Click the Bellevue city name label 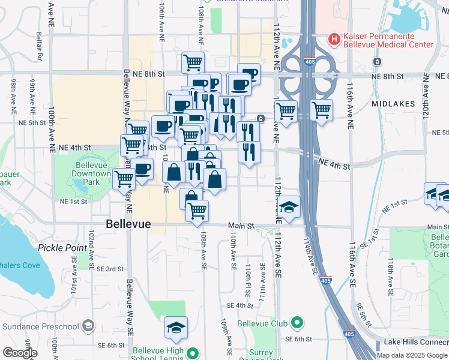point(128,224)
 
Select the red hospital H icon point(334,39)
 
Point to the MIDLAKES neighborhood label point(393,104)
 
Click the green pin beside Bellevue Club point(297,323)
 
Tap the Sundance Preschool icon point(88,326)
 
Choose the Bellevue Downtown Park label point(90,173)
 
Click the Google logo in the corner point(20,353)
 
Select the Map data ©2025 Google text point(412,355)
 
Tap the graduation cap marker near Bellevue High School point(176,328)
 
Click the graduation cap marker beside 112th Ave point(289,208)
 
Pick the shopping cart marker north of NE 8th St point(193,61)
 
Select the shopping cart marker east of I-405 point(322,110)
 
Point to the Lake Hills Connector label point(416,343)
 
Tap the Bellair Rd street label point(40,45)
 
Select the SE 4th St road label point(240,305)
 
